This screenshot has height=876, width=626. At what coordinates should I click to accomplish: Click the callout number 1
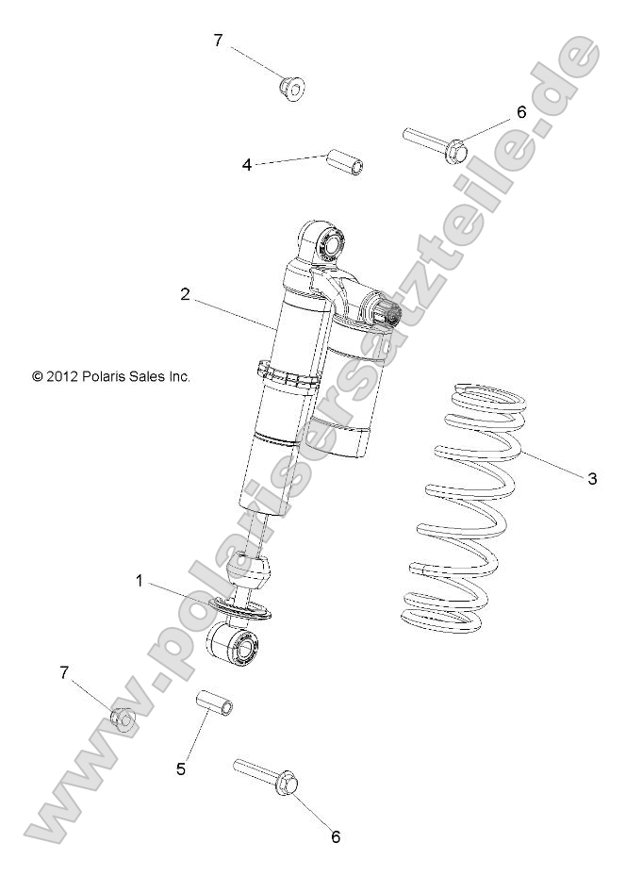(140, 582)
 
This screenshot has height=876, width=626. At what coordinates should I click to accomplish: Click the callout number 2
(186, 294)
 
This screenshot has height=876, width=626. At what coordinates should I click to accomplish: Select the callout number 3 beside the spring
(592, 479)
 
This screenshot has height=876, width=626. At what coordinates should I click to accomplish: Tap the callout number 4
(247, 164)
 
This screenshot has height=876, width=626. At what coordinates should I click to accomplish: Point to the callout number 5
(181, 769)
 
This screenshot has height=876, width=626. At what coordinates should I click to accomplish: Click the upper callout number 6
(520, 111)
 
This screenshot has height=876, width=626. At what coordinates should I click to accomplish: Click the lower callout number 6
(335, 835)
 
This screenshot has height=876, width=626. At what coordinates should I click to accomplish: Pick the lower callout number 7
(64, 672)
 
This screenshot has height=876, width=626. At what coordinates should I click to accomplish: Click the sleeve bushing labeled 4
(345, 162)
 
